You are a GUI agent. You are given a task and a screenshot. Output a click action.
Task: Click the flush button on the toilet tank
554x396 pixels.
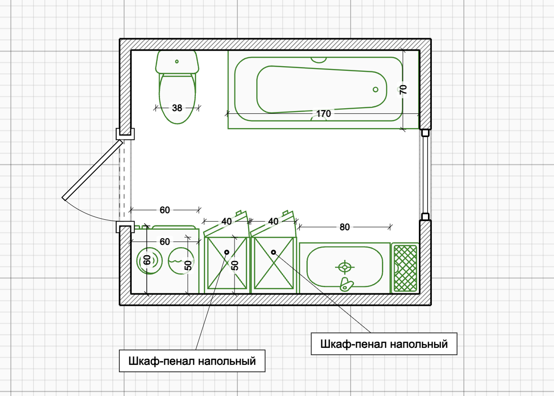point(177,61)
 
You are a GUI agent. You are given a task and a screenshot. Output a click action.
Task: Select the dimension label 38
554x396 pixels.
point(177,108)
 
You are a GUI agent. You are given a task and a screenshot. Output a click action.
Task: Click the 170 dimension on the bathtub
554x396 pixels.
point(323,114)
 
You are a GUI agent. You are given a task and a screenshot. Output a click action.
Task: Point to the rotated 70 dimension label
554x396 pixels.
point(403,89)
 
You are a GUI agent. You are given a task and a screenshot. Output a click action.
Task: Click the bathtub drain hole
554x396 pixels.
point(376,89)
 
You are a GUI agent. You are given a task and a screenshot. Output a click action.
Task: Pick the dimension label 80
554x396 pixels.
point(345,227)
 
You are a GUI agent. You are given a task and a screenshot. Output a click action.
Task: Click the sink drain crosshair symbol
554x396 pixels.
point(344,268)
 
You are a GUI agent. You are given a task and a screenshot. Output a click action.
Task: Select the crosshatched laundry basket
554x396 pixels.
point(405,268)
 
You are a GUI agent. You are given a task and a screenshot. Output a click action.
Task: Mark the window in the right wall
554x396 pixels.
point(425,175)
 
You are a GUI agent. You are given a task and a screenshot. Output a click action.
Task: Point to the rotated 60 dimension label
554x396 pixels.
point(147,260)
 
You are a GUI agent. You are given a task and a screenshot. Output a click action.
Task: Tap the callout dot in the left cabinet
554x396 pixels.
point(227,252)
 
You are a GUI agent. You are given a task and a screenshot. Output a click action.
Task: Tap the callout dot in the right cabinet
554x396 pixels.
point(273,252)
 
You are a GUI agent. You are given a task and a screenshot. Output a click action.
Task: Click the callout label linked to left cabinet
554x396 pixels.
point(192,362)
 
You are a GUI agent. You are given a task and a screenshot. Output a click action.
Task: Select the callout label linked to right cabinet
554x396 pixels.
point(384,344)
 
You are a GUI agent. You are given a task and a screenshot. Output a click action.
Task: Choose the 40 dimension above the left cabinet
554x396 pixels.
point(227,221)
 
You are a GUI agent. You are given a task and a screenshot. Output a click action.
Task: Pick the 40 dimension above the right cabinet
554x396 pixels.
point(273,221)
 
